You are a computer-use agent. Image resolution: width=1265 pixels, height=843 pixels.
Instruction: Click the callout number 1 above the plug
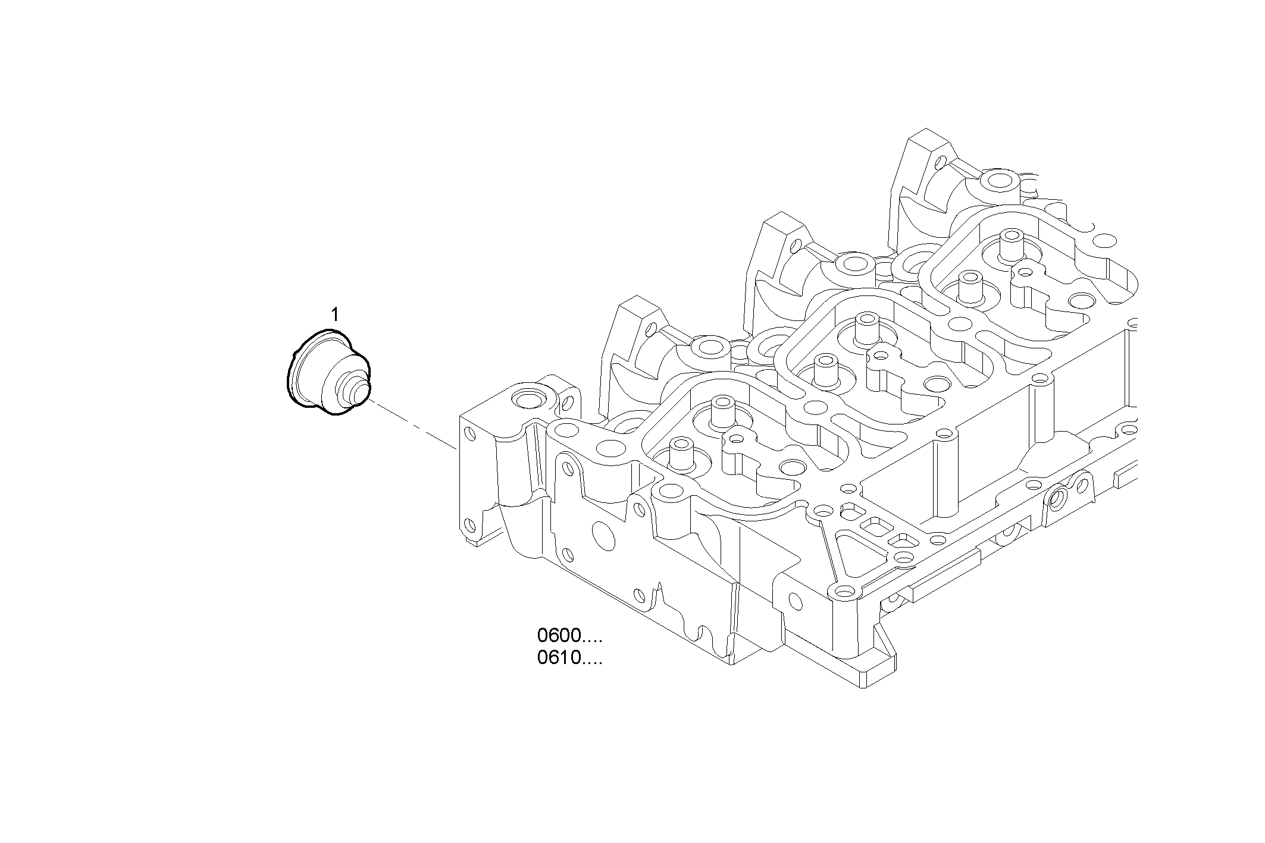[336, 314]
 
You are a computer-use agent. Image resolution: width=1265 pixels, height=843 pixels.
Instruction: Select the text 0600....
[559, 636]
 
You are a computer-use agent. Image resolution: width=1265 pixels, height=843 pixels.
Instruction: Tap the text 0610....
[559, 659]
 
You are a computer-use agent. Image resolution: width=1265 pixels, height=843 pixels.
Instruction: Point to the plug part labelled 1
[324, 375]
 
